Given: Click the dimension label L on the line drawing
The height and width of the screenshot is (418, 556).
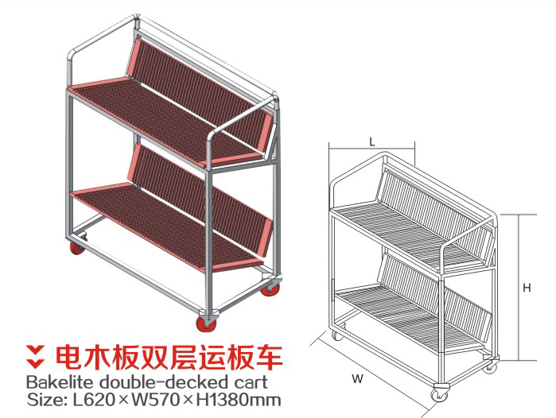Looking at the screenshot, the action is pos(371,142).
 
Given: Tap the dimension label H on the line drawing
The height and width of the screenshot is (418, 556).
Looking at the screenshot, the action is pos(527,288).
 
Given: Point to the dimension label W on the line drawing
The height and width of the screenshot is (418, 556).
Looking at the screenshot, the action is pos(357,379).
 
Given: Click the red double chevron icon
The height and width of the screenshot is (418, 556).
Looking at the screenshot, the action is pos(35,356).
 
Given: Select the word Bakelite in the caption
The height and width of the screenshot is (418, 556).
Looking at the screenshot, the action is pos(60,382).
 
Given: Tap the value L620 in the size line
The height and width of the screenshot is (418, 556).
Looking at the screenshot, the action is pos(94,400).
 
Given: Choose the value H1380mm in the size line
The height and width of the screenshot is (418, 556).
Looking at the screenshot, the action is pos(239,400).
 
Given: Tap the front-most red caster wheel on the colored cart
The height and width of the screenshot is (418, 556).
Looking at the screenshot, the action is pos(206,323).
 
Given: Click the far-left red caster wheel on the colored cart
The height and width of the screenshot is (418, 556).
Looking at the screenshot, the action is pos(77,247).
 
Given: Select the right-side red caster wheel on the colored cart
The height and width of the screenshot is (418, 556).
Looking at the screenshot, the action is pos(270,288).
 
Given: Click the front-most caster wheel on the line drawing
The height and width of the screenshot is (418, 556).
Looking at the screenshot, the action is pos(439,394).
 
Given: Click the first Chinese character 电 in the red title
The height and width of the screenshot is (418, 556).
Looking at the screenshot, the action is pos(69,356).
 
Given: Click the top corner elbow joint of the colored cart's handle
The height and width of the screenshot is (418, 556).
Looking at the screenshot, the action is pos(136,21).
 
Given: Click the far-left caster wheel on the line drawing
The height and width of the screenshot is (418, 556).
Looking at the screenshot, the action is pos(336,335).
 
